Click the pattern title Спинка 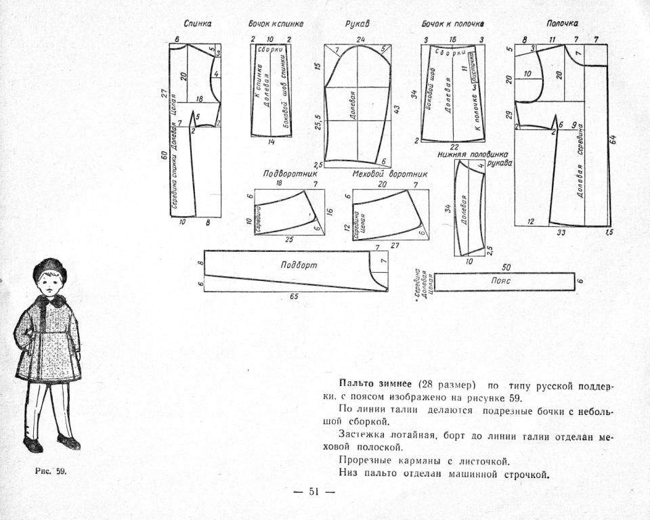pyautogui.click(x=198, y=24)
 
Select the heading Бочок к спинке pyautogui.click(x=276, y=24)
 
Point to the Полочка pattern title pyautogui.click(x=562, y=24)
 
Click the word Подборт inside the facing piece pyautogui.click(x=299, y=265)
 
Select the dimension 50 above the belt pyautogui.click(x=506, y=267)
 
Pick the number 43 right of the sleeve pyautogui.click(x=398, y=110)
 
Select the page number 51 pyautogui.click(x=313, y=492)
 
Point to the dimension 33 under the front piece pyautogui.click(x=561, y=232)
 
